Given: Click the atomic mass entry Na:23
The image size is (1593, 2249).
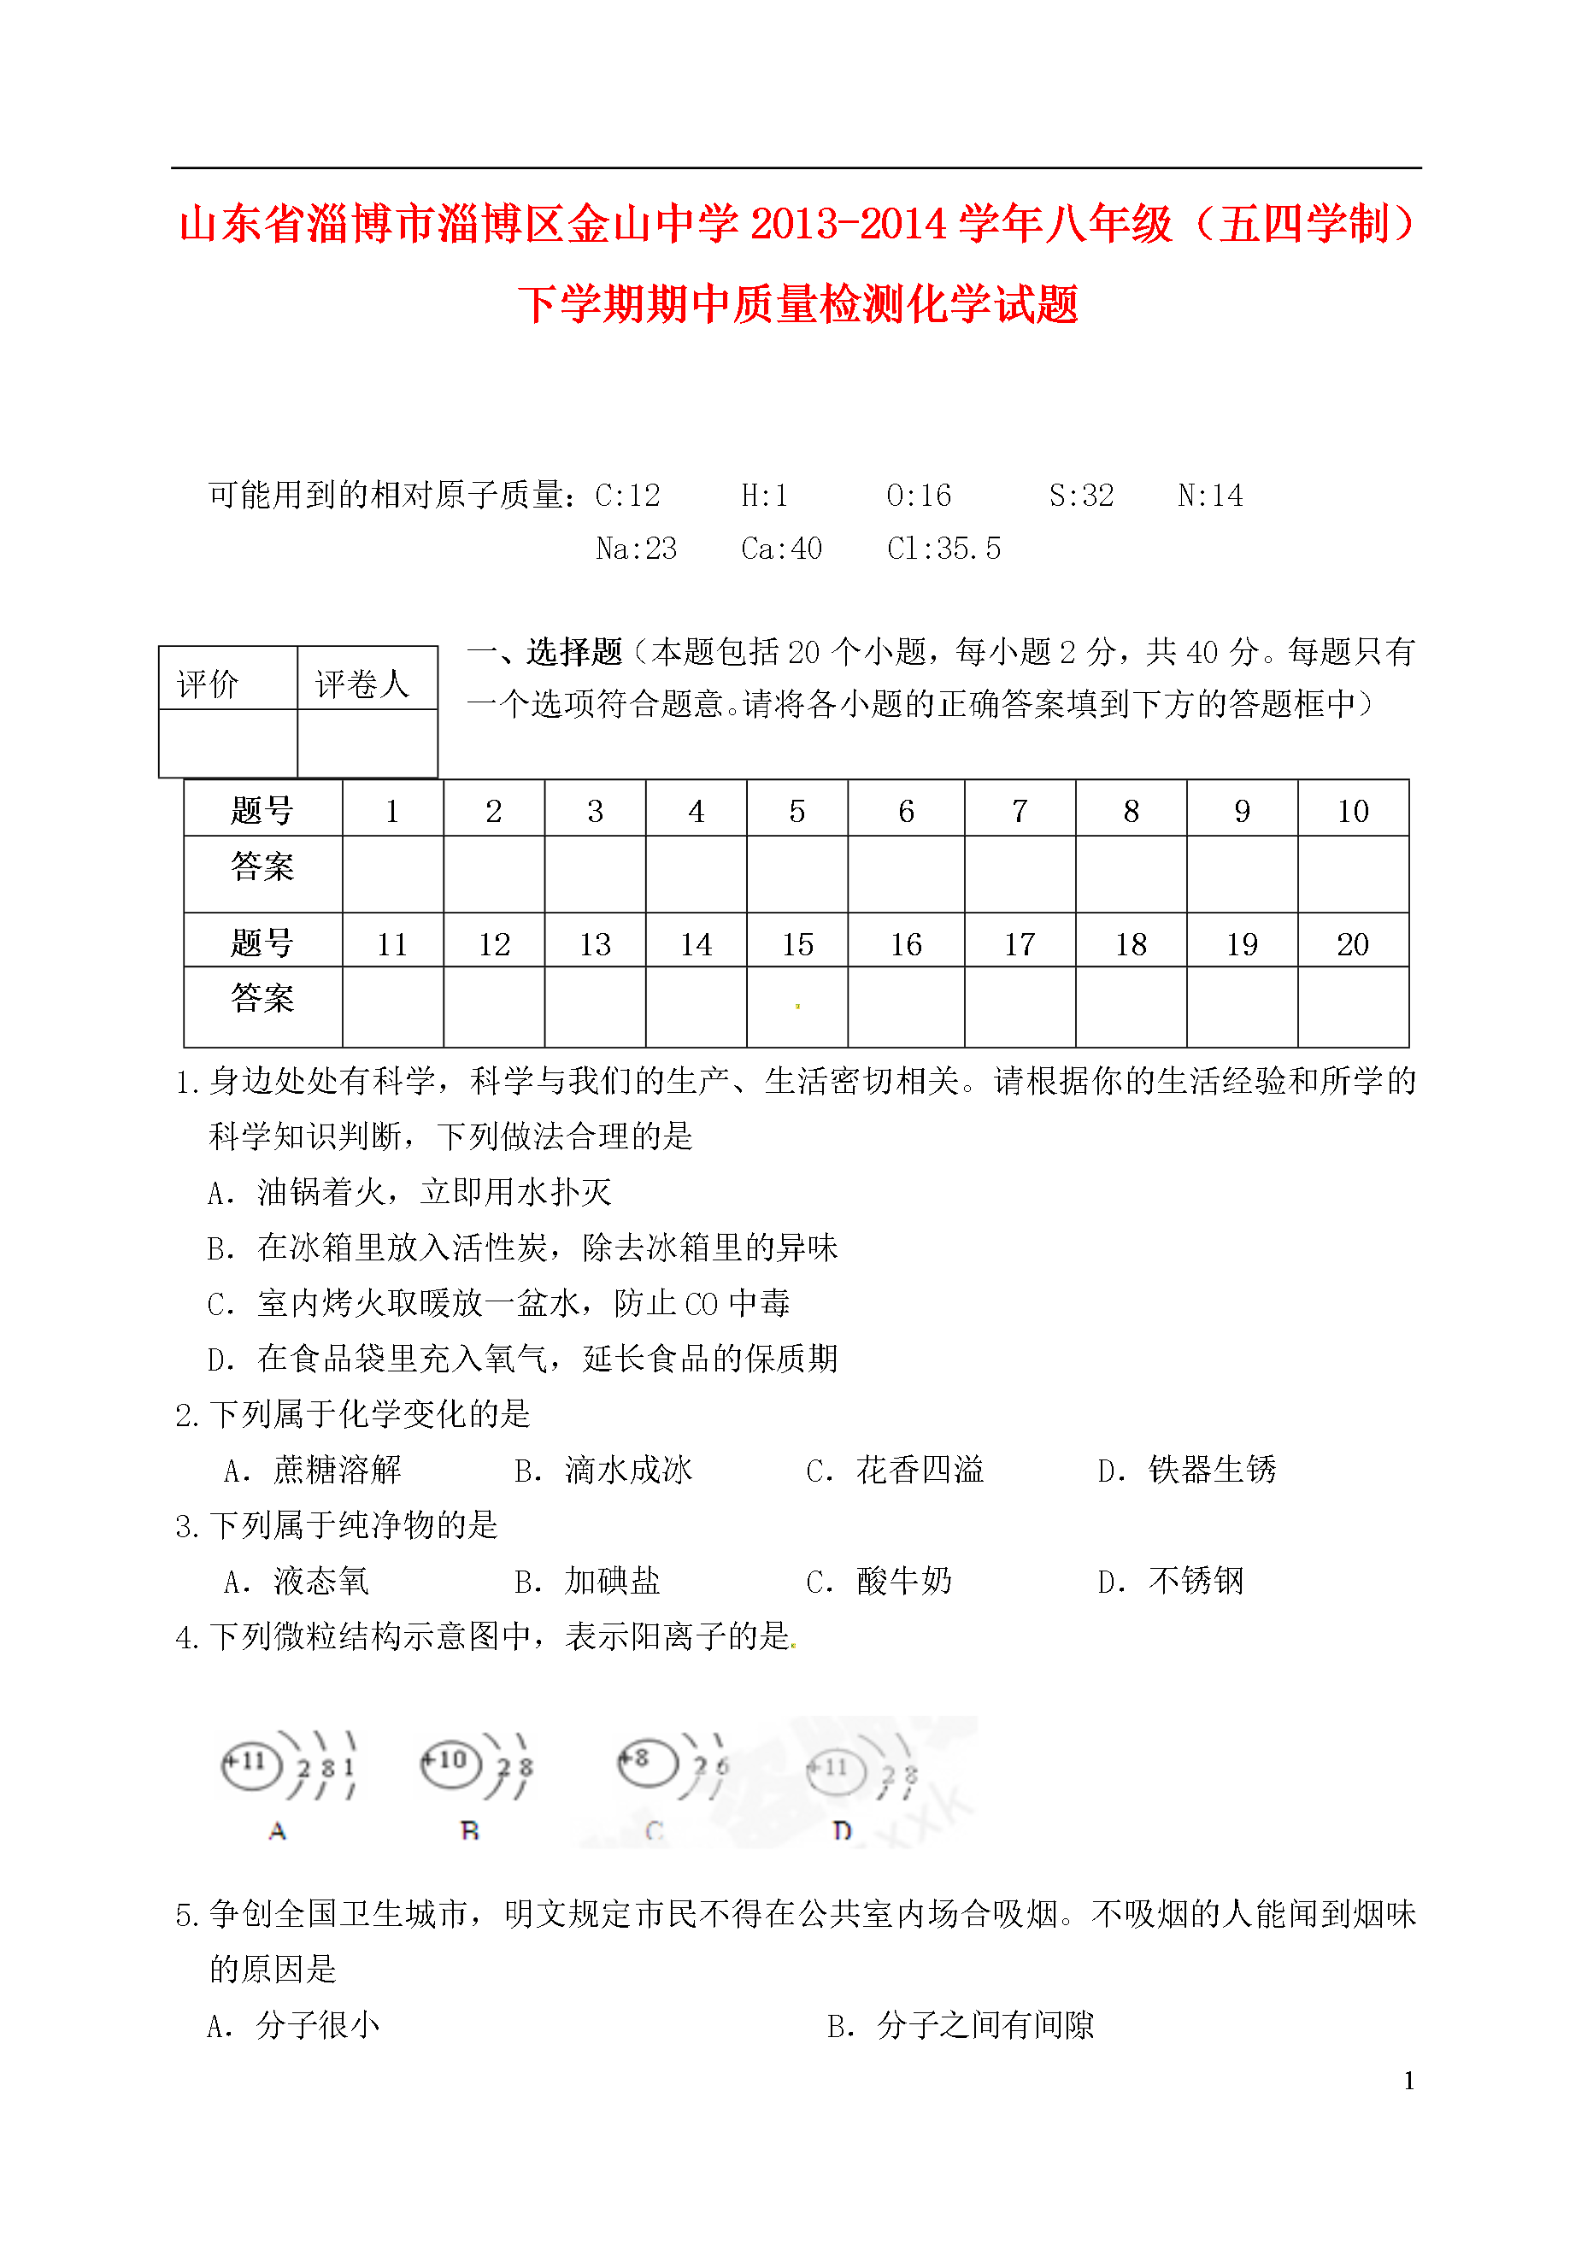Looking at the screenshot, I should [636, 549].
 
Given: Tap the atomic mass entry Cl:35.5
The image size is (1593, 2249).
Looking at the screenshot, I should [943, 549].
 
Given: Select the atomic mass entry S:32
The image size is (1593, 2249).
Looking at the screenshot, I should [1081, 496].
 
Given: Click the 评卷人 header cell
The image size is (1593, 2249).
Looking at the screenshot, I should [363, 683].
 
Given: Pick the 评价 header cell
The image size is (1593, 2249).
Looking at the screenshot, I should [208, 683].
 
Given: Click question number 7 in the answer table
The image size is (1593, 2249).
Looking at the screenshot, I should [1020, 810].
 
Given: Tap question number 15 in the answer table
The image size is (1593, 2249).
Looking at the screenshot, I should [796, 943].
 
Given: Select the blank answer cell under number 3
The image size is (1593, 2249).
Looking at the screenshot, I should [595, 874].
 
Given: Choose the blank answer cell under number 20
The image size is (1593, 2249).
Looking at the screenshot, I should [1353, 1007].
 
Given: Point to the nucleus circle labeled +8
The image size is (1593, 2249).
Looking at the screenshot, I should [646, 1760].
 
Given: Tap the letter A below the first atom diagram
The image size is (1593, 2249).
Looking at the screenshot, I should [278, 1830].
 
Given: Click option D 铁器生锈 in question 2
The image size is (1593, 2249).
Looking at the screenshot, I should [1187, 1469].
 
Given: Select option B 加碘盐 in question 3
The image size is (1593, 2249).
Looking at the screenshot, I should [588, 1581].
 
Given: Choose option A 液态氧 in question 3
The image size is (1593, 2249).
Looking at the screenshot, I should [297, 1581].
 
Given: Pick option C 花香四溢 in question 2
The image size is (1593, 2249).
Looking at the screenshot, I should [895, 1469].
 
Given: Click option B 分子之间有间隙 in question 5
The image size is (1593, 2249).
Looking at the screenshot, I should [961, 2024].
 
